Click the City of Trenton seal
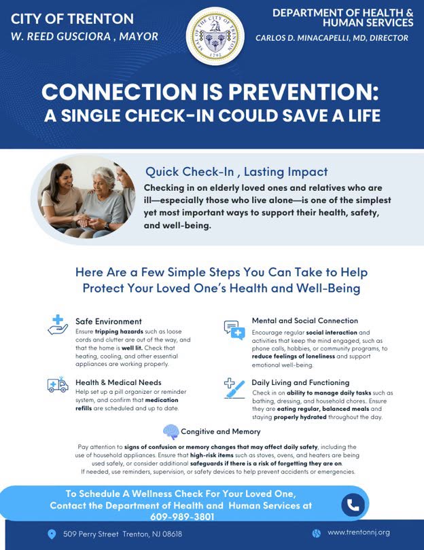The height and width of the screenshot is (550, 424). click(x=215, y=36)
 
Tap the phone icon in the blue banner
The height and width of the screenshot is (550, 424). click(x=353, y=505)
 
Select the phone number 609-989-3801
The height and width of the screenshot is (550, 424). click(x=182, y=517)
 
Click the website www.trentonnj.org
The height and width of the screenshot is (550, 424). click(x=359, y=532)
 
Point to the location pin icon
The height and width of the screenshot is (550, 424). click(x=52, y=534)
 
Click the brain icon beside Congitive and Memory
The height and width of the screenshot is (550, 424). click(x=171, y=432)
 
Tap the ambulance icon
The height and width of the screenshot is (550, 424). click(x=58, y=384)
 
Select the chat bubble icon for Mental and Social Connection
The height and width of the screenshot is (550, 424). click(x=234, y=330)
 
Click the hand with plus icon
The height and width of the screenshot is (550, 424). click(x=58, y=325)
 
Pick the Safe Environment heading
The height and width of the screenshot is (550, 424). click(x=109, y=321)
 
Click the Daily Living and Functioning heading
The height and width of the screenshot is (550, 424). click(x=300, y=383)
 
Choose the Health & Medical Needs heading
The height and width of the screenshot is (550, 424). click(x=118, y=382)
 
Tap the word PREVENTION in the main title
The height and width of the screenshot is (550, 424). click(x=304, y=92)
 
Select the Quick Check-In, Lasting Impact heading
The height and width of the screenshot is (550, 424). click(x=236, y=172)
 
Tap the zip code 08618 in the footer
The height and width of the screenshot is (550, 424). click(x=172, y=534)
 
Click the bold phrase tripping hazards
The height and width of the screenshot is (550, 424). click(x=119, y=331)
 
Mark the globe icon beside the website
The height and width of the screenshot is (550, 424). click(x=316, y=534)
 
